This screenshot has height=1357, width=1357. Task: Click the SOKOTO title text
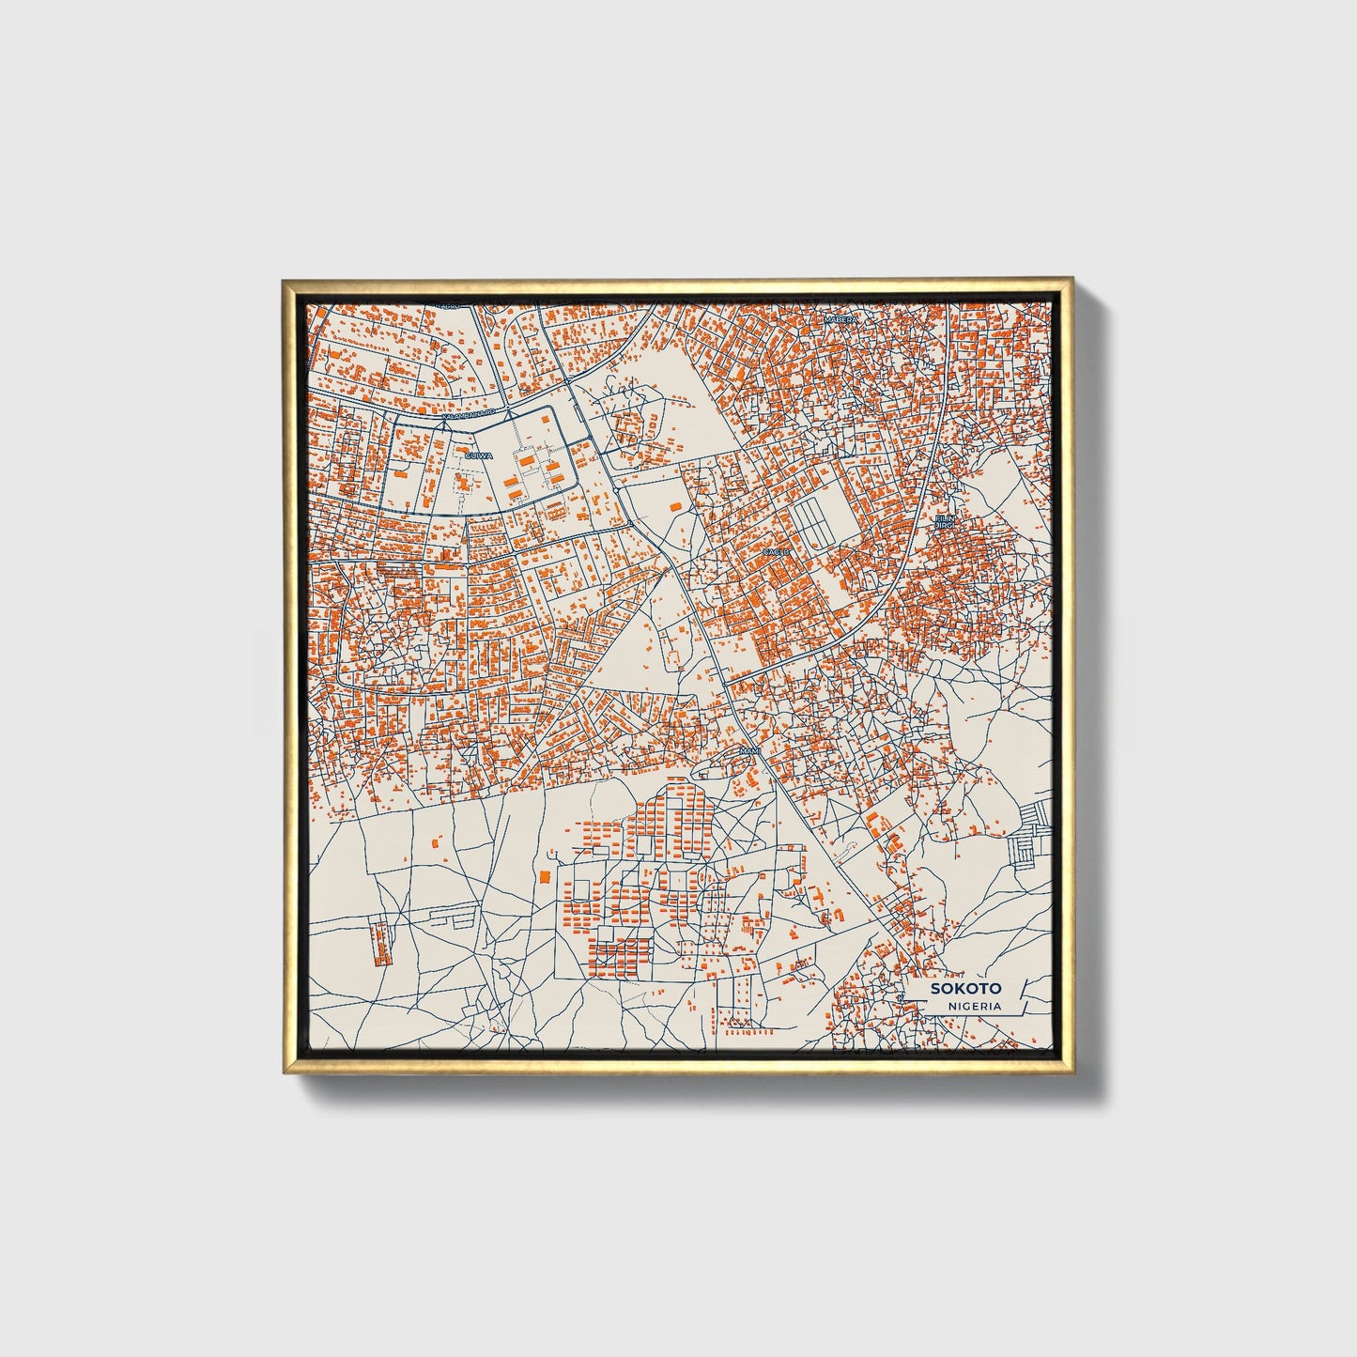tap(965, 989)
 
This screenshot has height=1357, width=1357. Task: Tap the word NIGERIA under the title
tap(973, 1006)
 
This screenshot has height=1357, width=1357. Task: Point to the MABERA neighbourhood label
tap(840, 320)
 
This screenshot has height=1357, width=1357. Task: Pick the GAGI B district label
tap(776, 551)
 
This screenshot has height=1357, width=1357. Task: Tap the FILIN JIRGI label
tap(944, 521)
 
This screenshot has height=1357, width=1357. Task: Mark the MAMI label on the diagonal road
tap(748, 751)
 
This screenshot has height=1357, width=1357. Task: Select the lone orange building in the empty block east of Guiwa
tap(674, 506)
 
